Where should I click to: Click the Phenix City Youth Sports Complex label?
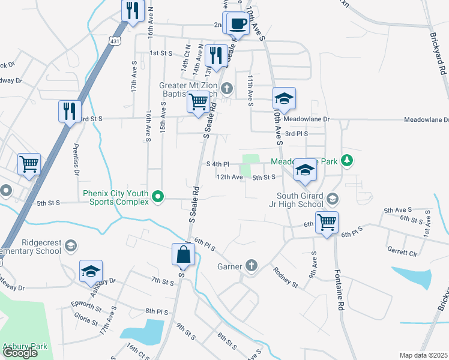pyautogui.click(x=115, y=197)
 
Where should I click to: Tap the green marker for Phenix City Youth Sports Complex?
pyautogui.click(x=158, y=196)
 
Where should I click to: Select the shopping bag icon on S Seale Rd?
pyautogui.click(x=182, y=255)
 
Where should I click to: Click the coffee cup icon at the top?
pyautogui.click(x=238, y=23)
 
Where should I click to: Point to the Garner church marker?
pyautogui.click(x=251, y=266)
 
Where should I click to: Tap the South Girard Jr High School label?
pyautogui.click(x=300, y=200)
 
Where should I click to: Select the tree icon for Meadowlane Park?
pyautogui.click(x=346, y=160)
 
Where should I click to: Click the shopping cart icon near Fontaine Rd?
pyautogui.click(x=327, y=223)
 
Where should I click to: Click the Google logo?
pyautogui.click(x=20, y=353)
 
